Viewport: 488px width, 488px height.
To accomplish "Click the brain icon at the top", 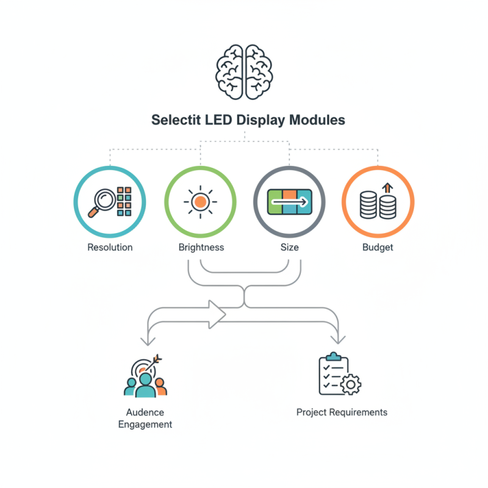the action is (x=244, y=72).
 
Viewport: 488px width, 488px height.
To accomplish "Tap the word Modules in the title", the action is (x=317, y=120).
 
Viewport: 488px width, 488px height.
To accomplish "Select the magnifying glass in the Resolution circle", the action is (x=102, y=203).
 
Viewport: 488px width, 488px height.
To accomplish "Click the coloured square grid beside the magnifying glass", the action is (x=124, y=201).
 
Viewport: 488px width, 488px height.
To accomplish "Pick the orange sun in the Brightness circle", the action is (x=200, y=202).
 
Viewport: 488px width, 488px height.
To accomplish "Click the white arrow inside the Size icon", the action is (x=289, y=202).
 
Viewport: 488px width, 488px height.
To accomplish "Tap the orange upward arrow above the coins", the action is (x=387, y=188).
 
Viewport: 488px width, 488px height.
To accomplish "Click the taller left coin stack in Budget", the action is (x=368, y=205).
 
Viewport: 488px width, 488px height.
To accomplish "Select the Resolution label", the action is (x=110, y=247).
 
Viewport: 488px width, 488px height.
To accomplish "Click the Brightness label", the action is (x=201, y=247).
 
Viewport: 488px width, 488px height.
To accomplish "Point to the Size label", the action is (x=289, y=247).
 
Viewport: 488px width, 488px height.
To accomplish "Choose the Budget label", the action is (x=378, y=248).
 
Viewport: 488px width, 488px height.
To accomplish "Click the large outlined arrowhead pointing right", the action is (x=217, y=314).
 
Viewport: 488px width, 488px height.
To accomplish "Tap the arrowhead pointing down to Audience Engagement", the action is (x=148, y=342).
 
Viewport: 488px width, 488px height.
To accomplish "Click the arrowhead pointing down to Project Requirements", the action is (x=338, y=340).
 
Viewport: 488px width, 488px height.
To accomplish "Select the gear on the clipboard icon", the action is (x=351, y=385).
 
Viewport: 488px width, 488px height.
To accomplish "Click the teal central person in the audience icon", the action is (x=145, y=386).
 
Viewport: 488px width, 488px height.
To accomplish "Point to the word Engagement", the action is (x=145, y=425).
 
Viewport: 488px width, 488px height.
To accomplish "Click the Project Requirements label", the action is (x=342, y=412).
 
